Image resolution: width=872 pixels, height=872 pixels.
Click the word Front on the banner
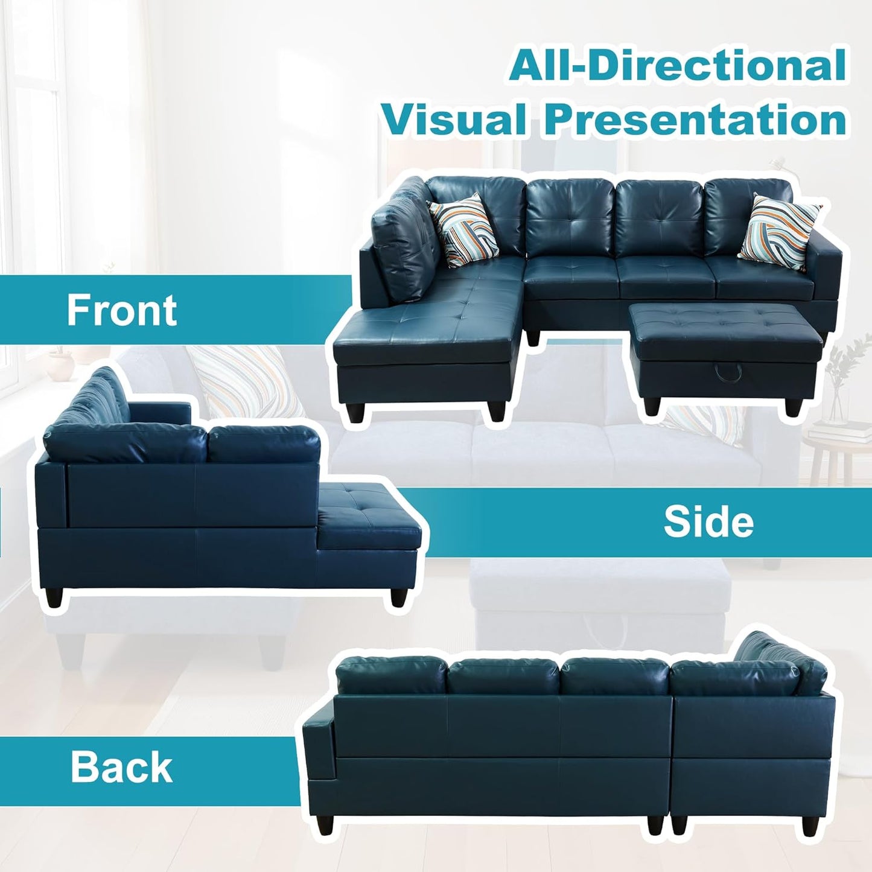(x=121, y=310)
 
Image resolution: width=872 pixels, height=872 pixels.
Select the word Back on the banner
(x=121, y=767)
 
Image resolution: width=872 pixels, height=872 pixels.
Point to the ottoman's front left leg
(x=651, y=403)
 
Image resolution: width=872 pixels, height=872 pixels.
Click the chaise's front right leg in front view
(x=497, y=408)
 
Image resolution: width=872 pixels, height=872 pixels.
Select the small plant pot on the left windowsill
(x=60, y=362)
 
